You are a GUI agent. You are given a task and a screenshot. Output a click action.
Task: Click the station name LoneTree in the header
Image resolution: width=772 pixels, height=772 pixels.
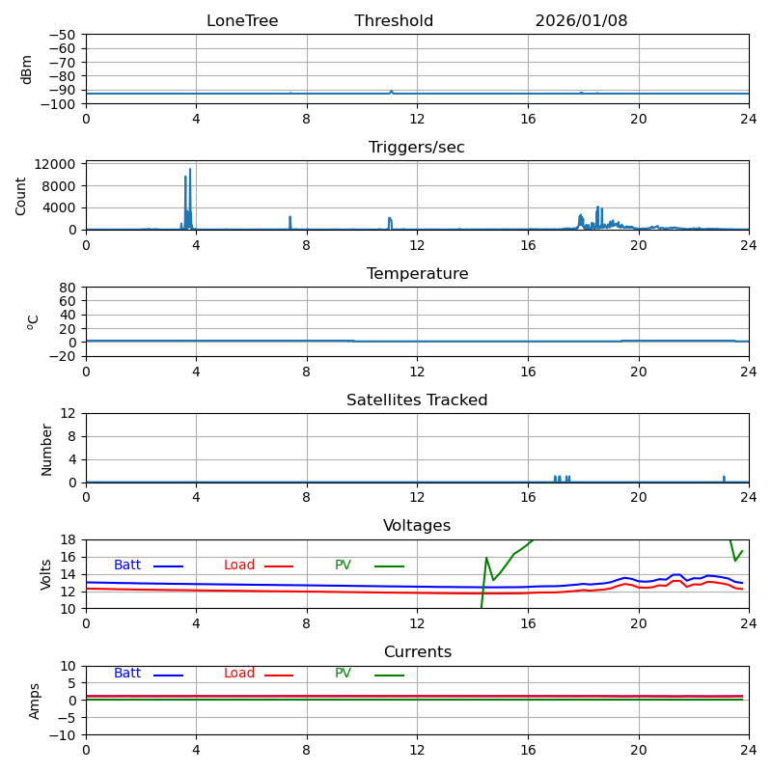[242, 21]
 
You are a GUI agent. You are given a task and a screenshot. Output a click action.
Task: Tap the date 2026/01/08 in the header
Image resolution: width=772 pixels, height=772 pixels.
[581, 21]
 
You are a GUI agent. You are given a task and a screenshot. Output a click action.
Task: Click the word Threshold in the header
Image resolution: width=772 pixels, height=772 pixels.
[394, 21]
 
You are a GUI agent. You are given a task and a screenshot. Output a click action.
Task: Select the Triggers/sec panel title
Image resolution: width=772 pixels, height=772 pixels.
[417, 148]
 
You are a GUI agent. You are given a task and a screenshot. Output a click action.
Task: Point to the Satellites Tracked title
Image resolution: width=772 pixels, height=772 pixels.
[417, 400]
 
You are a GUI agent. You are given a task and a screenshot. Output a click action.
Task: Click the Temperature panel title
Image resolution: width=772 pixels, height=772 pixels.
[417, 274]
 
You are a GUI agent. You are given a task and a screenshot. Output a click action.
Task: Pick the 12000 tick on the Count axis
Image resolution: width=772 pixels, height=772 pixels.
[58, 164]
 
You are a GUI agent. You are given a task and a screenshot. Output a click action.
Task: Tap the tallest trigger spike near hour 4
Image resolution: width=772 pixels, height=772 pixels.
[190, 170]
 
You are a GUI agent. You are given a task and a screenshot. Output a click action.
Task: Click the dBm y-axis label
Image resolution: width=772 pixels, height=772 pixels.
[27, 69]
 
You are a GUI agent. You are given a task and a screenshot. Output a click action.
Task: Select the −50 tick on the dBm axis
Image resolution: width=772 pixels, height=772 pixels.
[62, 35]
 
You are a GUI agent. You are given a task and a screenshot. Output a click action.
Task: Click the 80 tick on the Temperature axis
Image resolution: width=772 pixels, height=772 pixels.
[68, 288]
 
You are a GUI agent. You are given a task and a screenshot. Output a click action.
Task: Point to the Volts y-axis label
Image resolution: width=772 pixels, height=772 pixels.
[46, 574]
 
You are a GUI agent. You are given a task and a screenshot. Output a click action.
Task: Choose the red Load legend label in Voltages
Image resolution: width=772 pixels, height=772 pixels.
[239, 565]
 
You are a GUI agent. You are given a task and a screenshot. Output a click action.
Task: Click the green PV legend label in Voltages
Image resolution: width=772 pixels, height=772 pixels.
[343, 565]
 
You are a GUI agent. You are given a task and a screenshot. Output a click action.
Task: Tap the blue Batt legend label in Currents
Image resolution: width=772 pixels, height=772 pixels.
[127, 674]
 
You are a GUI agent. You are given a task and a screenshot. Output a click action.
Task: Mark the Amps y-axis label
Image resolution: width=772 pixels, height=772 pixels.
[35, 701]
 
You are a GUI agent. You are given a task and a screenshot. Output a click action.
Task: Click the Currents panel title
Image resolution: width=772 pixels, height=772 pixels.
[417, 652]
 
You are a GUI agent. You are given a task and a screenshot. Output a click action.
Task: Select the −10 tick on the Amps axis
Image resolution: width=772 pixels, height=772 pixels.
[62, 735]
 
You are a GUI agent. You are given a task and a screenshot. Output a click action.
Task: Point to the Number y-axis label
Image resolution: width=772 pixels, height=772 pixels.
[46, 449]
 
